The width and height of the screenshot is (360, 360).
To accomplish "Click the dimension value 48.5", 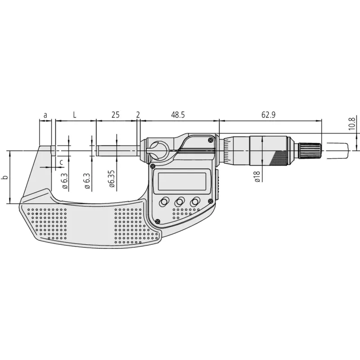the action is point(178,115).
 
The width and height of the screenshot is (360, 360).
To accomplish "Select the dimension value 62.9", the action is point(268,115).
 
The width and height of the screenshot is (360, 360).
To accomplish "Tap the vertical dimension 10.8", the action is point(352,123).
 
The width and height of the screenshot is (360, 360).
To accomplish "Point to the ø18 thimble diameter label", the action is point(257,176).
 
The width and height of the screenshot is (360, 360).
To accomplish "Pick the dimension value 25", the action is point(116,115).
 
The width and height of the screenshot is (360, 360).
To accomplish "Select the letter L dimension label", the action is point(74,115).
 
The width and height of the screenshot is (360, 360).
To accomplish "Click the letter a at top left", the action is point(45,115).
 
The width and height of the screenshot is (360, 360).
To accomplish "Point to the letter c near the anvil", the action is point(61,162).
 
